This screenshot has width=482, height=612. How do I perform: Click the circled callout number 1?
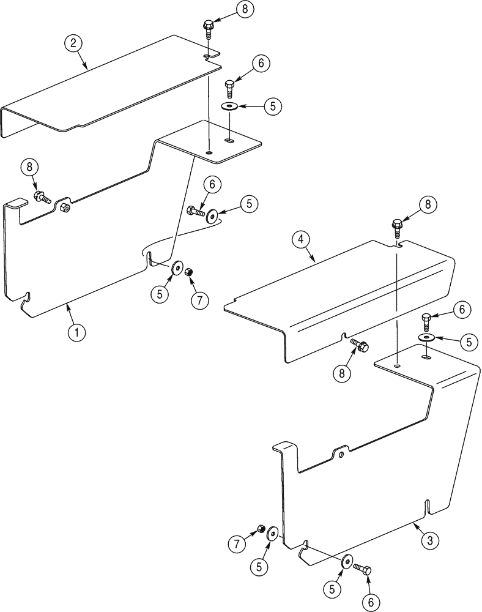click(x=76, y=332)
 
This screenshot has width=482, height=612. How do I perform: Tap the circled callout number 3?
click(x=429, y=540)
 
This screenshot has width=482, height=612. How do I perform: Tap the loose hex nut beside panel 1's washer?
click(x=189, y=271)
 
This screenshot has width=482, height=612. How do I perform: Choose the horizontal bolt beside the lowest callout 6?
click(x=361, y=569)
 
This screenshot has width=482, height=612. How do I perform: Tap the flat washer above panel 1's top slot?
click(x=231, y=106)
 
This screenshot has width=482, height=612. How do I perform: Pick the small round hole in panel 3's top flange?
click(x=397, y=365)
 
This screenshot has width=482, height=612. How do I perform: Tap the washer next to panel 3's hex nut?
click(x=273, y=535)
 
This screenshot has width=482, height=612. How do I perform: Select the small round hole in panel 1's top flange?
click(x=209, y=152)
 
